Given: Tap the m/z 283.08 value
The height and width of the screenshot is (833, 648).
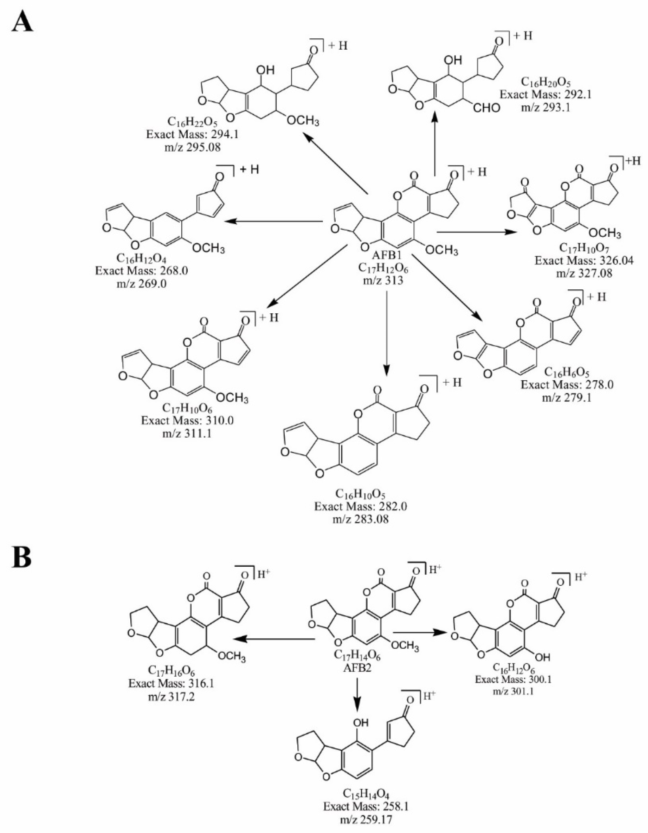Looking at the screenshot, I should coord(351,519).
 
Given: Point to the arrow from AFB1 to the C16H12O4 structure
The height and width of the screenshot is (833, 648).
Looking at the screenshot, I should coord(274,221).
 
